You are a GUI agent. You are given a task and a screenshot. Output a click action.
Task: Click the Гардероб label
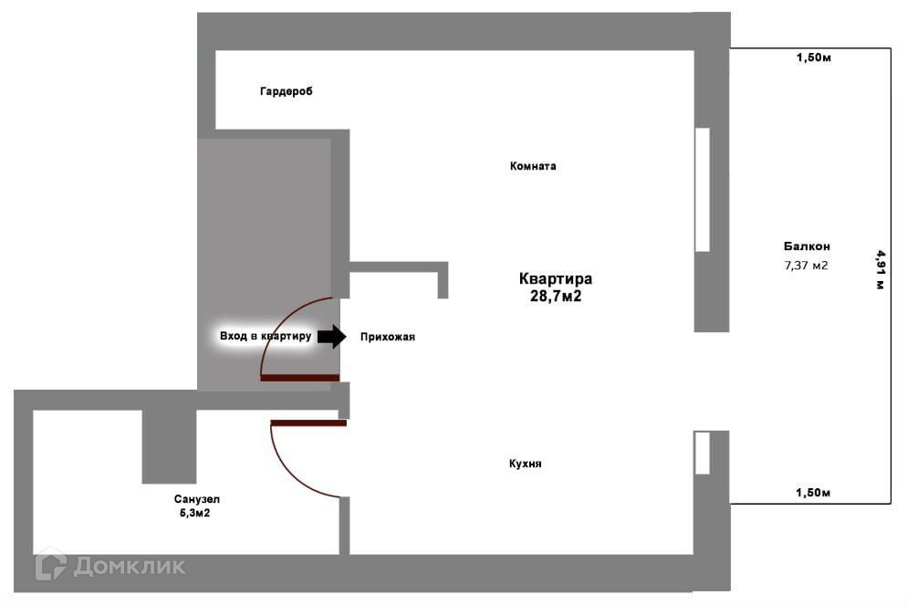tap(286, 91)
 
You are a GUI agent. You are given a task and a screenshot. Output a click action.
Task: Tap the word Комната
tap(533, 166)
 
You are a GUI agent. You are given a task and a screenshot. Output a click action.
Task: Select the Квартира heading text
tap(556, 279)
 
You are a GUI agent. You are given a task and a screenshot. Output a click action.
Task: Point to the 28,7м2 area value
tap(556, 296)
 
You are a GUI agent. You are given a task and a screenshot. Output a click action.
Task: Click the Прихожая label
tap(388, 337)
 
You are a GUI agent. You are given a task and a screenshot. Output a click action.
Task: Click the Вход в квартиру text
tap(266, 337)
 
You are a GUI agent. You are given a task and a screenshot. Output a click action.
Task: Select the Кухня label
tap(526, 464)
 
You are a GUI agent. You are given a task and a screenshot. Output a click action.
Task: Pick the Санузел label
tap(197, 499)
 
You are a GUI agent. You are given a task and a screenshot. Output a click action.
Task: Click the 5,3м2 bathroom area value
tap(197, 513)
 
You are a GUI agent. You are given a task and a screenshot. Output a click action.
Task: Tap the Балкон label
tap(807, 245)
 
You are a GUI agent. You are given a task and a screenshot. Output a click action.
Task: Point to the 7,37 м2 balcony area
tap(807, 266)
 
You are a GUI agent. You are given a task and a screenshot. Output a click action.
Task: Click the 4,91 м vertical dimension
tap(881, 269)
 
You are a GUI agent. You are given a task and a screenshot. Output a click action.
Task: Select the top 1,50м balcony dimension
tap(813, 58)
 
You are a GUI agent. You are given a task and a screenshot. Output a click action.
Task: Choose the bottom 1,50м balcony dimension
tap(813, 493)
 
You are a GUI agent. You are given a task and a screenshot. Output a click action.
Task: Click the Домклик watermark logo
tap(110, 566)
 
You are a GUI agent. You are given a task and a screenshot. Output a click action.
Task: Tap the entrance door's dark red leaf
tap(299, 377)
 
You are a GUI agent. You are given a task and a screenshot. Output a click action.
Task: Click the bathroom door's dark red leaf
tap(308, 422)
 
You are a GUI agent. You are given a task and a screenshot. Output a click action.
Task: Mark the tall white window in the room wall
tap(703, 189)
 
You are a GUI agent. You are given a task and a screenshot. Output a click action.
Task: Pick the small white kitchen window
tap(703, 453)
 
